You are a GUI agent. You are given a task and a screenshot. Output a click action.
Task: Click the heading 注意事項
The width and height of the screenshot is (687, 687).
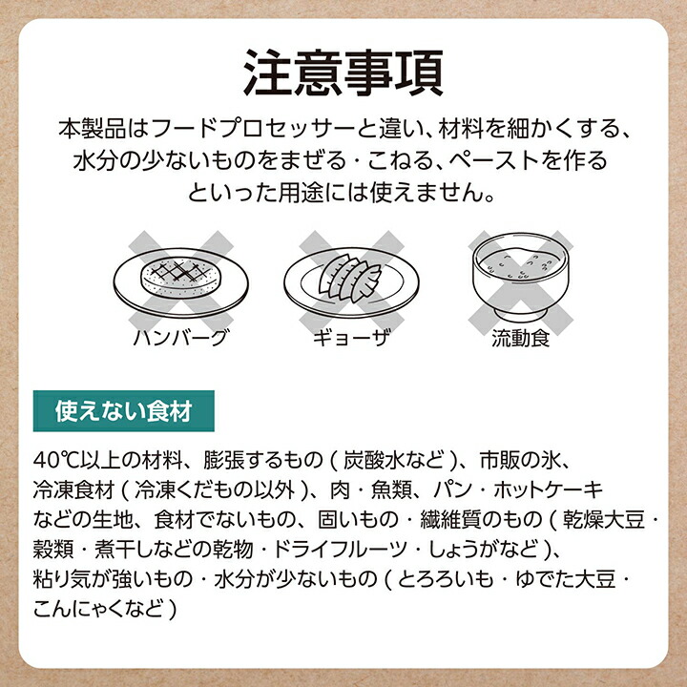343,73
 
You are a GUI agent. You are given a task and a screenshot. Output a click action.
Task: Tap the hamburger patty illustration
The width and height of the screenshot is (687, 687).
181,277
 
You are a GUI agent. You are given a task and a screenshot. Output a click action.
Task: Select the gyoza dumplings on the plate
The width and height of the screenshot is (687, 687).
349,279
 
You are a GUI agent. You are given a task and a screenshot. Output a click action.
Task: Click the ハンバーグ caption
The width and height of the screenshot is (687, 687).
181,338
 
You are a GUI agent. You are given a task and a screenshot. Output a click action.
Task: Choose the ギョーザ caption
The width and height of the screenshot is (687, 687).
351,338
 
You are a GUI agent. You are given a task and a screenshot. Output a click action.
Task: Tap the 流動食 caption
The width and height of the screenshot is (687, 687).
521,338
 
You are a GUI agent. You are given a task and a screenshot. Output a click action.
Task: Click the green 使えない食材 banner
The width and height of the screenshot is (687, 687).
123,411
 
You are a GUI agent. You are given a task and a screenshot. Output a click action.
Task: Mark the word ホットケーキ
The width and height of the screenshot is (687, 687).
548,489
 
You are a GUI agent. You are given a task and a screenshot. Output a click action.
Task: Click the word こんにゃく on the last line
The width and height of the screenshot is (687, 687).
74,609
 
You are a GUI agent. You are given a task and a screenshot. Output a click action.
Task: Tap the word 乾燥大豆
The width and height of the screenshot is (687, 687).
604,519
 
